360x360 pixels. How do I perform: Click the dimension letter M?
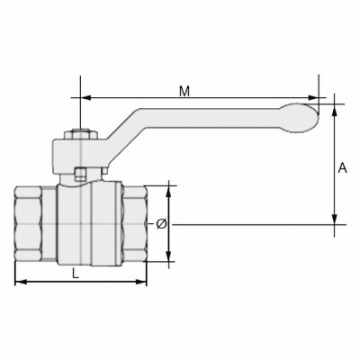coord(184,91)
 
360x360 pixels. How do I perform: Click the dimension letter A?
coord(342,167)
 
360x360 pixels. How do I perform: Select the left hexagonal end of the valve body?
coord(35,224)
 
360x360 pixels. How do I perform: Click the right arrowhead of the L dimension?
coord(141,283)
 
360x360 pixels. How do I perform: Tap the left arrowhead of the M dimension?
coord(85,98)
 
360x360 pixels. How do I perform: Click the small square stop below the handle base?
coord(80,175)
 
